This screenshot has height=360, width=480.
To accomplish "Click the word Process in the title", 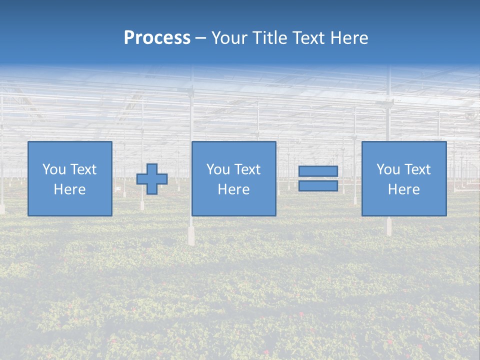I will point(157,38).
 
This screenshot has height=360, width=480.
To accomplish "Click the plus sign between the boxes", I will point(152,178).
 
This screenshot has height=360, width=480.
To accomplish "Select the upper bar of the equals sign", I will point(318,171).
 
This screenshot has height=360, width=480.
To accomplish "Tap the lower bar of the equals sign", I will point(318,186).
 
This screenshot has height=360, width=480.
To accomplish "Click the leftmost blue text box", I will point(69,150).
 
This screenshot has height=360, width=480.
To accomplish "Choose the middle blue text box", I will point(233,150).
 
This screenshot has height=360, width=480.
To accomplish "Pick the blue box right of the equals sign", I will point(403,150).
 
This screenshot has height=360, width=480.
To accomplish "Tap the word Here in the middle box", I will point(233,189).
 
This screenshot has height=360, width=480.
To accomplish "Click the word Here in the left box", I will point(69,189).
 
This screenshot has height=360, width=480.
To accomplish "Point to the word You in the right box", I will point(388,169).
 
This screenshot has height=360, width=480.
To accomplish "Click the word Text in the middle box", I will point(247,169).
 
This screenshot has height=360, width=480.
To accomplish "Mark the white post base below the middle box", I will point(191,235).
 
